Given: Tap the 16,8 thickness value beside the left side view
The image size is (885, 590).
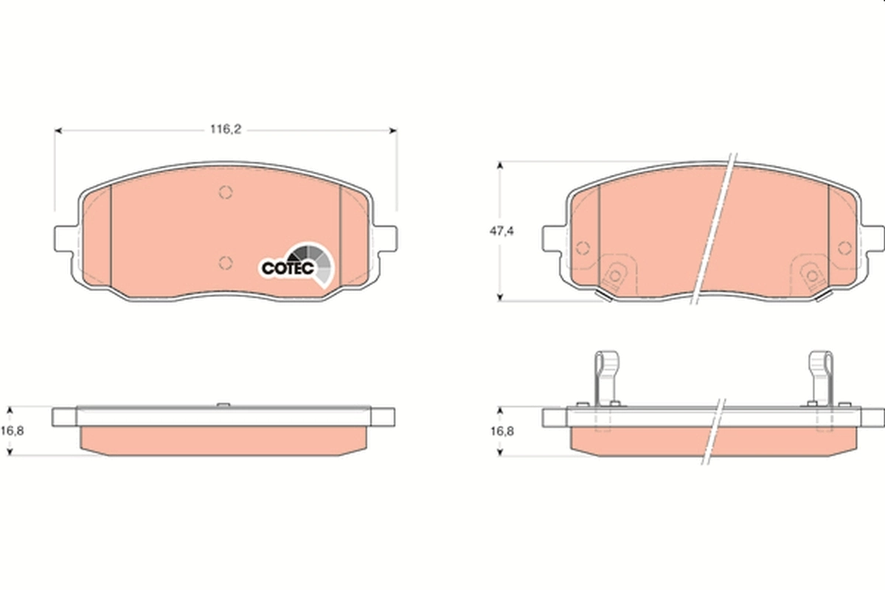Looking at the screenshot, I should coord(15,430).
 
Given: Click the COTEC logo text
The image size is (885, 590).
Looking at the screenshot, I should coord(288,269).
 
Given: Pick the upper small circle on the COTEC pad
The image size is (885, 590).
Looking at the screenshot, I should coord(226,192).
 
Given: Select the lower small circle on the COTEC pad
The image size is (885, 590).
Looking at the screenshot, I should coord(226,262).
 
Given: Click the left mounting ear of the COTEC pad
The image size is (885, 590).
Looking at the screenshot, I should coord(66,237).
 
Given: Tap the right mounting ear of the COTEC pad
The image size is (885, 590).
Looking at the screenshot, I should coord(386,237).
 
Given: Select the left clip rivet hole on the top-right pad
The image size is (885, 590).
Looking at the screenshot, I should coord(614,275).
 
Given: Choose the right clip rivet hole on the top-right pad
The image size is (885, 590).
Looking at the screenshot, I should coord(812,275).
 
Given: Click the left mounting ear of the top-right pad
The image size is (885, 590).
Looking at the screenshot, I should coord(553,237).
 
